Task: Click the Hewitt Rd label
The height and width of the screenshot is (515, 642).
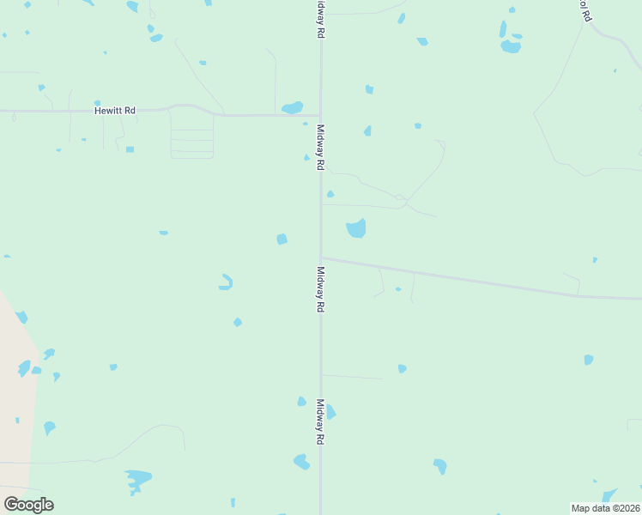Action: pos(115,111)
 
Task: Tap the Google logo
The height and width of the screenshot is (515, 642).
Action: pos(28,505)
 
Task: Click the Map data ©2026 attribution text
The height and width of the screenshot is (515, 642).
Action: pos(606,508)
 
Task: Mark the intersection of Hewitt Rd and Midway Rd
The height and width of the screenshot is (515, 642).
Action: pos(320,115)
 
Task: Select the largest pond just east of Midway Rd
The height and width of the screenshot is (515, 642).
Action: pos(356,228)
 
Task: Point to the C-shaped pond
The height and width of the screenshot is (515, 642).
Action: pos(227,282)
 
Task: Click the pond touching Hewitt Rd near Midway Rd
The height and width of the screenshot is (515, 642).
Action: pos(293,108)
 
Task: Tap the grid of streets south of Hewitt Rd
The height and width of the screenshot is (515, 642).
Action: pos(191,142)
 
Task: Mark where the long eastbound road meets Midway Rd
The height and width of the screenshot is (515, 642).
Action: pos(321,257)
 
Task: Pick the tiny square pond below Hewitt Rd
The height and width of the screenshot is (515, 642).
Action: pos(130,149)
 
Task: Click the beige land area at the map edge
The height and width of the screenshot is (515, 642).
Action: pos(15,403)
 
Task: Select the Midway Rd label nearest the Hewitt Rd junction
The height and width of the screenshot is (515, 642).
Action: pos(320,147)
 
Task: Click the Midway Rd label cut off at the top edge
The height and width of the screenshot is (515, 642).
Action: pos(320,17)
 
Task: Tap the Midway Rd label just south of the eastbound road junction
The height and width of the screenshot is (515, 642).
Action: pos(320,288)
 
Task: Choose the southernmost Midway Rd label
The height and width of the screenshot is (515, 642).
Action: pos(320,421)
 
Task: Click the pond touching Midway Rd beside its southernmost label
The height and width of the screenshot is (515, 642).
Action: pos(330,412)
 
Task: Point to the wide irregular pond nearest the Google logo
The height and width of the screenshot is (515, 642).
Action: pos(137,477)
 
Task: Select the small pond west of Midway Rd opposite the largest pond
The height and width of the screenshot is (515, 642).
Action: pos(282,239)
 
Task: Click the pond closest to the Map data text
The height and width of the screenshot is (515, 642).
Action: pos(609,495)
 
